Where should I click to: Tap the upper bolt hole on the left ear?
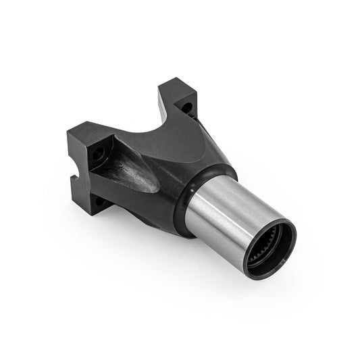click(100, 155)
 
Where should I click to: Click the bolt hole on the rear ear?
click(186, 106)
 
